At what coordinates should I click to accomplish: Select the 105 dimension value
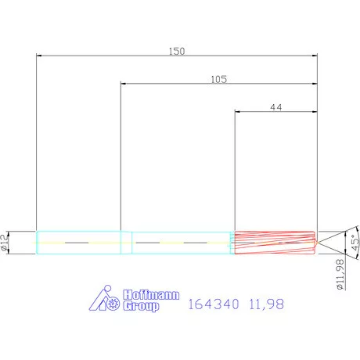pyautogui.click(x=219, y=79)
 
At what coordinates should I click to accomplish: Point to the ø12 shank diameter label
pyautogui.click(x=6, y=243)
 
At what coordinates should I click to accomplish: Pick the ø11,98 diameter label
pyautogui.click(x=341, y=275)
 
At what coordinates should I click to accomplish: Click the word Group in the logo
pyautogui.click(x=141, y=307)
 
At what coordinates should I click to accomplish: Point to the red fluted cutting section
pyautogui.click(x=274, y=243)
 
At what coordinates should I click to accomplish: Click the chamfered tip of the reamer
pyautogui.click(x=315, y=243)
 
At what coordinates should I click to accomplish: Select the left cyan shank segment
pyautogui.click(x=78, y=243)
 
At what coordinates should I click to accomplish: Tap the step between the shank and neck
pyautogui.click(x=131, y=243)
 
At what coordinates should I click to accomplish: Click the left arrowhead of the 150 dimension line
pyautogui.click(x=39, y=56)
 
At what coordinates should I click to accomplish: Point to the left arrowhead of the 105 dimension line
pyautogui.click(x=122, y=84)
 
